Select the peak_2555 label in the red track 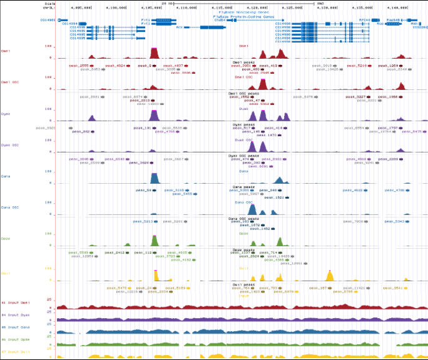pyautogui.click(x=81, y=65)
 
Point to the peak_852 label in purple pyautogui.click(x=82, y=132)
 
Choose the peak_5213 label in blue pyautogui.click(x=141, y=221)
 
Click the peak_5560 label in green pyautogui.click(x=78, y=252)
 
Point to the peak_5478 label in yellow pyautogui.click(x=117, y=288)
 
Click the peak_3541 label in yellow pyautogui.click(x=393, y=288)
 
